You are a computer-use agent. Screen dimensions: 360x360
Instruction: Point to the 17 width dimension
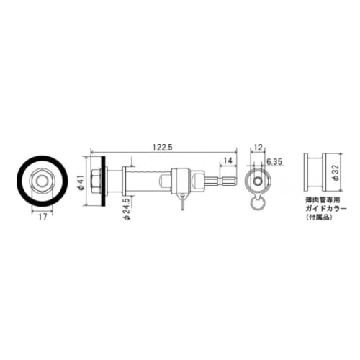click(43, 215)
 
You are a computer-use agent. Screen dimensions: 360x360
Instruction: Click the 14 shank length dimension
click(228, 160)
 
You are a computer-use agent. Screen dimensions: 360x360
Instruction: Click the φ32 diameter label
click(336, 174)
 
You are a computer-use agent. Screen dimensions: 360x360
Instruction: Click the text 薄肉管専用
click(319, 199)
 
